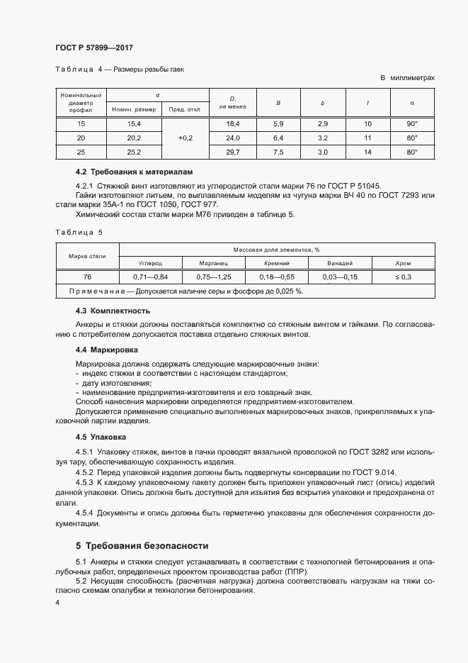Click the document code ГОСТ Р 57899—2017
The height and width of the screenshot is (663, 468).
coord(94,48)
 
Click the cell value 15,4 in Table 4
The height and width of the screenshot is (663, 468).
coord(134,124)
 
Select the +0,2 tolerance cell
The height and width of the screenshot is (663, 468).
coord(186,138)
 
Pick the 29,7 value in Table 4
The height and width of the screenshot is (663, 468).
coord(233,152)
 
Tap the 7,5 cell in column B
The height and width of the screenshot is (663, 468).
coord(278,152)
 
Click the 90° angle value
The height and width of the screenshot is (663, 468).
coord(413,124)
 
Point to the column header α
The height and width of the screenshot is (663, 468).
coord(412,104)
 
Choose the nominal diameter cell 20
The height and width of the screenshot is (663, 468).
coord(81,138)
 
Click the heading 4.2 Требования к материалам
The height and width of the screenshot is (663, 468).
coord(134,172)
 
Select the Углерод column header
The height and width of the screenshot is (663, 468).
coord(150,262)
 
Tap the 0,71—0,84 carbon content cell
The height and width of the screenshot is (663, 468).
coord(150,277)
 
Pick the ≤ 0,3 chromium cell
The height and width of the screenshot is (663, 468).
coord(403,277)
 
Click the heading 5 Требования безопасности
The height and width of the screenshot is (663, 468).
coord(142,546)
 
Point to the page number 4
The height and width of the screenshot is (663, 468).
coord(57,603)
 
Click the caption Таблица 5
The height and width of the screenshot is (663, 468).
coord(79,232)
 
